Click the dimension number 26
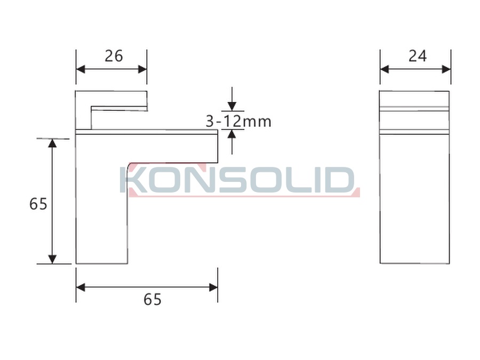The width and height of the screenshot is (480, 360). pos(114,56)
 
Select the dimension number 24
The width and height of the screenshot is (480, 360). pos(418,56)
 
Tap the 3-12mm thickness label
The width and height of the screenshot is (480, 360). pos(238,121)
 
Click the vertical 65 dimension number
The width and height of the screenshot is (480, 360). pos(38,204)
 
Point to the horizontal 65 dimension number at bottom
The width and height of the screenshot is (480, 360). pos(153,299)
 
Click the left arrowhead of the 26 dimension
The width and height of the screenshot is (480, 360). pos(81,69)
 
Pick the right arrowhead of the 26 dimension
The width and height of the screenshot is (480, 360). pos(142,69)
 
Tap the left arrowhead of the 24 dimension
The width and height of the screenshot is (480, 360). pos(385,69)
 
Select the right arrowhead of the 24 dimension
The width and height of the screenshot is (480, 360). pos(446,69)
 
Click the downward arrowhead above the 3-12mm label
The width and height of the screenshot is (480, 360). pos(232,106)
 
